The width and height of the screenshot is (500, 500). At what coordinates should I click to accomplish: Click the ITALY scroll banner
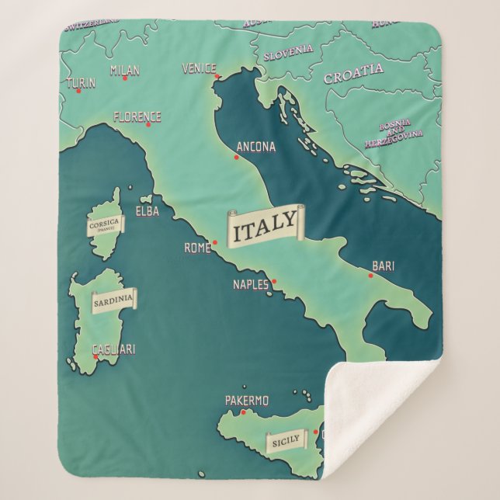coord(265,225)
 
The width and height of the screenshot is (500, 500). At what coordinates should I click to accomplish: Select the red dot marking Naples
coord(273,281)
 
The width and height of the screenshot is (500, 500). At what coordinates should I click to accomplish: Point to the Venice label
coord(199,68)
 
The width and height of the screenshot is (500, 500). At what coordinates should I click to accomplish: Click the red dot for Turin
coord(78,91)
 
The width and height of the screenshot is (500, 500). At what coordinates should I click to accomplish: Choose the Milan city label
coord(125,71)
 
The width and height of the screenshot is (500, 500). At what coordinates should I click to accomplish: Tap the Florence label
coord(137,117)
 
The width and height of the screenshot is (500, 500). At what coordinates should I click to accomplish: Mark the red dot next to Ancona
coord(236,158)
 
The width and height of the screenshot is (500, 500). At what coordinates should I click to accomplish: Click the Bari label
coord(383,266)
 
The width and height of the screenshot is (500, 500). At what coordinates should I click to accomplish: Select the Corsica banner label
coord(105,224)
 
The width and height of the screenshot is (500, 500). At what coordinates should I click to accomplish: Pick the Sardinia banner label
coord(113,299)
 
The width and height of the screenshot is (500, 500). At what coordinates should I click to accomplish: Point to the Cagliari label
coord(113,349)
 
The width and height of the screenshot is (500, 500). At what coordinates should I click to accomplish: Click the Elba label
coord(148,211)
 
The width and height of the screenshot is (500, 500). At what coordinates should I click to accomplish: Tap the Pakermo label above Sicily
coord(247,401)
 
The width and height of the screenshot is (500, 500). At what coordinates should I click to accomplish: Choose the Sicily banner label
coord(286,441)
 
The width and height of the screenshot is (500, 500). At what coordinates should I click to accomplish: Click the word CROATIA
coord(353,74)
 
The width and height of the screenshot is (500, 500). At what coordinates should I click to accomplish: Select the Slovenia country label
coord(288,54)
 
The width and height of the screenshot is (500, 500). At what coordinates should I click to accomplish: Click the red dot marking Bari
coord(369,273)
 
